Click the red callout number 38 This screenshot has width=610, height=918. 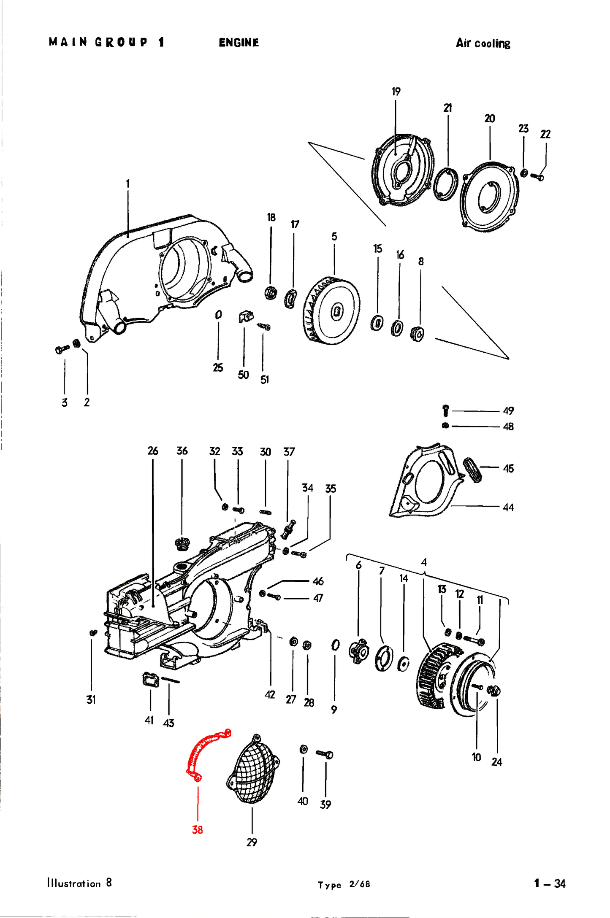(197, 830)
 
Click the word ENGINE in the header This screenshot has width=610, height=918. (239, 43)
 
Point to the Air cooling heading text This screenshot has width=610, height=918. (483, 43)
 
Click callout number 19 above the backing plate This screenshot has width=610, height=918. (396, 92)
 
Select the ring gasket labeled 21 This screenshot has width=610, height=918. (446, 184)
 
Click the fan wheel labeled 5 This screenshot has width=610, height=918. (333, 311)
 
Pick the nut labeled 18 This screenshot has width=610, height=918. (270, 292)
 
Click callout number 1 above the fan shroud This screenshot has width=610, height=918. (127, 184)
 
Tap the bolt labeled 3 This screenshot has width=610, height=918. (62, 349)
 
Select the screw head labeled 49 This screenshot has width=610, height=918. (445, 410)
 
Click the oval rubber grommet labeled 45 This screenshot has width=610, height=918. (472, 470)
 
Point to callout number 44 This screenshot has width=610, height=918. (508, 508)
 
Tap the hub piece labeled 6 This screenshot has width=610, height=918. (358, 652)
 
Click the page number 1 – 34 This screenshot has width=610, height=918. (550, 883)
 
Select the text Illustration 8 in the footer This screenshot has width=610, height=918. (79, 883)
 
